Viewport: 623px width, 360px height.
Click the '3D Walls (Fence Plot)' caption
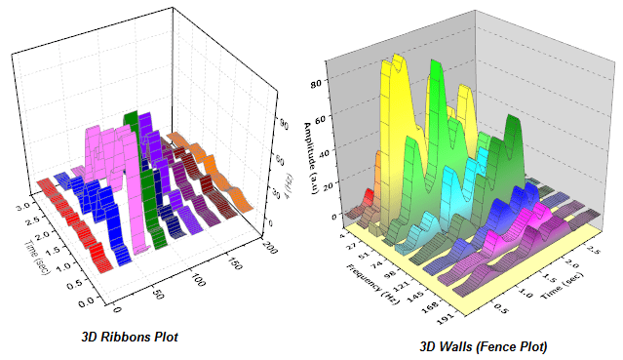(483, 346)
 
